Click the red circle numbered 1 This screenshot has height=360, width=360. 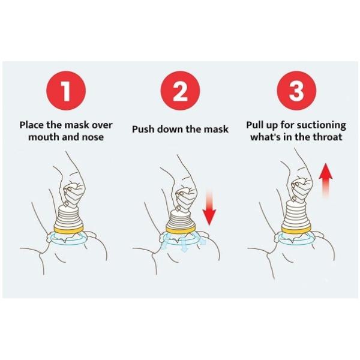tap(66, 91)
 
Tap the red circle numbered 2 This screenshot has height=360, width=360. tap(180, 91)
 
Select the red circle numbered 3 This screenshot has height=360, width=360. tap(296, 91)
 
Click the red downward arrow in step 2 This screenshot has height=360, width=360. tap(209, 208)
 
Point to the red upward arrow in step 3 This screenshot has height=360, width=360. tap(326, 181)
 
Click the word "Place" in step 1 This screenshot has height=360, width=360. tap(32, 125)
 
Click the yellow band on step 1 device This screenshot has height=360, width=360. tap(68, 229)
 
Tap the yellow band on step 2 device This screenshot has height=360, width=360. tap(181, 229)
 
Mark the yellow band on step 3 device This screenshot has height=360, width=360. tap(296, 229)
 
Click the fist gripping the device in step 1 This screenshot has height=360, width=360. tap(74, 192)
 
